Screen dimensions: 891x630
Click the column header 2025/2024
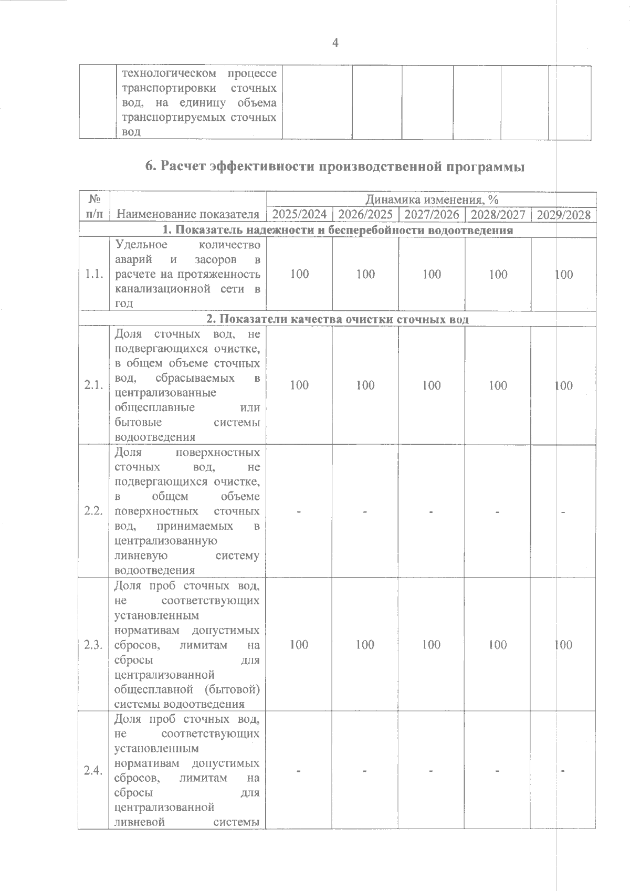click(299, 214)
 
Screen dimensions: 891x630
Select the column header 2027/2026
click(432, 214)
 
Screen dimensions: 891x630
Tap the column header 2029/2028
click(563, 215)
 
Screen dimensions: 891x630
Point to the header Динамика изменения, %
click(432, 200)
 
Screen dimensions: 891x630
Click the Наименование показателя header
click(188, 214)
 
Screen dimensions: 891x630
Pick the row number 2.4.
click(93, 770)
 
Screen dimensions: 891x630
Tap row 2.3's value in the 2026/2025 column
click(365, 645)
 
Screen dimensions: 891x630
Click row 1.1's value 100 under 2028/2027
click(498, 274)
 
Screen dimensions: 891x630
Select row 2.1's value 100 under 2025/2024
click(299, 385)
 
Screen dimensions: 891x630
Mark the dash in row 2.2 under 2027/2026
click(430, 512)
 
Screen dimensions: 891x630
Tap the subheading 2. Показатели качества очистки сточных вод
click(337, 319)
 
